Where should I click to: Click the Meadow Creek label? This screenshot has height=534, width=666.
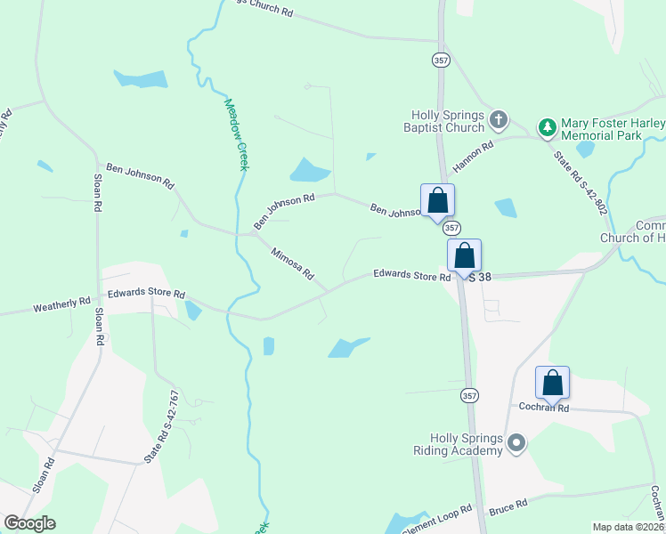click(x=234, y=133)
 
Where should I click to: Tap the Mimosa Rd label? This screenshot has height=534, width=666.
click(x=293, y=263)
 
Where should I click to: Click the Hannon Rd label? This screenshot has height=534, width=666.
click(x=473, y=157)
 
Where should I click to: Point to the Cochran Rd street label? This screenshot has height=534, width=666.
click(x=544, y=408)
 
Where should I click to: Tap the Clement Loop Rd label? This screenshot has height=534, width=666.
click(x=440, y=521)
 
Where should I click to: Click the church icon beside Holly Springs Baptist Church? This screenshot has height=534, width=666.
click(x=499, y=119)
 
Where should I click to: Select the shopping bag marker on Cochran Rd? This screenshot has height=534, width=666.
click(x=552, y=383)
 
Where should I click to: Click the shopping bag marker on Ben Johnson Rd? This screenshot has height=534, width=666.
click(x=437, y=200)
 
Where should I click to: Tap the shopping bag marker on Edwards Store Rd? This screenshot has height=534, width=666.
click(x=464, y=255)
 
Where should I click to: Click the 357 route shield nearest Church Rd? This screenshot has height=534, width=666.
click(x=441, y=60)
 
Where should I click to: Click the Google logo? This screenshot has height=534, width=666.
click(x=29, y=523)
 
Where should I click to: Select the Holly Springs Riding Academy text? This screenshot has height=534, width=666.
click(x=467, y=444)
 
